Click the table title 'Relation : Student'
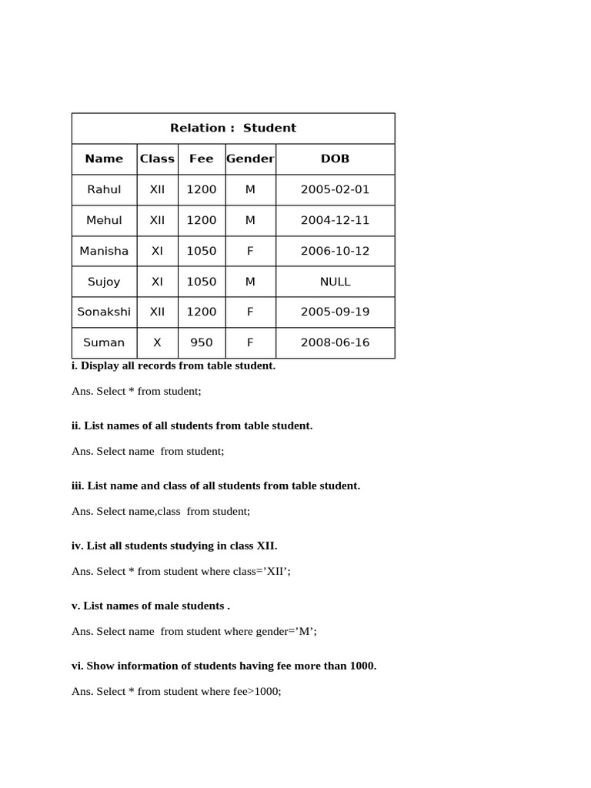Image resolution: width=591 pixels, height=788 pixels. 232,128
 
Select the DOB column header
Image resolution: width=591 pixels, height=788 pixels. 335,159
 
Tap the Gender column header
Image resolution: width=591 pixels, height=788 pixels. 250,159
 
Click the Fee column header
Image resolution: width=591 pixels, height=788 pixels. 201,159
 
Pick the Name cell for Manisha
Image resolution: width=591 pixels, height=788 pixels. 104,251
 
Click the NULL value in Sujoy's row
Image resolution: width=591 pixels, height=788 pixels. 335,282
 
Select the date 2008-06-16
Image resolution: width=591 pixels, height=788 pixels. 335,342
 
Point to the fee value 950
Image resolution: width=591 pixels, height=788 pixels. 201,342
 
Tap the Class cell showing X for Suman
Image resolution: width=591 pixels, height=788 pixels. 157,342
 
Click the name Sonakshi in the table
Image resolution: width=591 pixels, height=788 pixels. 104,312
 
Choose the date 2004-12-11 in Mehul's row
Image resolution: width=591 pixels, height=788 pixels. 335,220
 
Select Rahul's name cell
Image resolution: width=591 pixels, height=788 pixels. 104,189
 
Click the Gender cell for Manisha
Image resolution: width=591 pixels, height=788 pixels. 250,251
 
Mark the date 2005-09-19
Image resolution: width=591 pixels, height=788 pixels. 335,312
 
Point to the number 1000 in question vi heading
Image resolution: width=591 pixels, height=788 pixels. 362,666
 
